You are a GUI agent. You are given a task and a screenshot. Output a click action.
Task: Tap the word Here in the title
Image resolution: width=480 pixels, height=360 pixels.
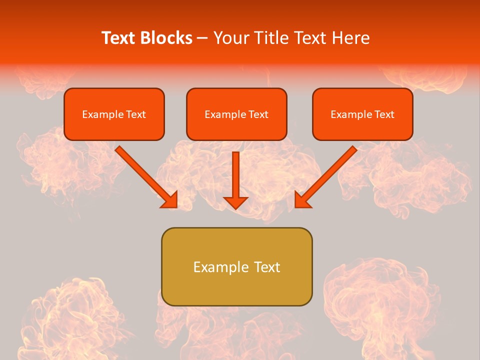[x=350, y=38]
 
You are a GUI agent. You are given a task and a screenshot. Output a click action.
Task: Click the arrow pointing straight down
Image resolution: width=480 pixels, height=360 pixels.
[x=235, y=175]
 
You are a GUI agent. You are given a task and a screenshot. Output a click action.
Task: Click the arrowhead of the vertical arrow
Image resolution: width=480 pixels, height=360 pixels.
[x=235, y=202]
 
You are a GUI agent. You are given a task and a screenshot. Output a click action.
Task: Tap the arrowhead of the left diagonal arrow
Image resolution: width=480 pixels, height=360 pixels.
[x=170, y=200]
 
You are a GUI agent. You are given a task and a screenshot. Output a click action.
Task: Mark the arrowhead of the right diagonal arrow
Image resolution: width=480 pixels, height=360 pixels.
[x=302, y=200]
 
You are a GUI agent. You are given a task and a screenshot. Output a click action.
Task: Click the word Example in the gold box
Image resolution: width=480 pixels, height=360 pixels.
[x=217, y=267]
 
